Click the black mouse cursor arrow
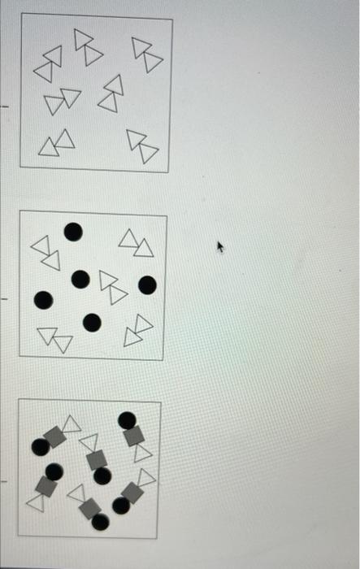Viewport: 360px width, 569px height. coord(219,245)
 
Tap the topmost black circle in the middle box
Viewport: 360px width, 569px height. coord(73,232)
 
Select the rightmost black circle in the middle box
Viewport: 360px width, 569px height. coord(147,284)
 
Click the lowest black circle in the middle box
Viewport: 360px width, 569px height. coord(92,323)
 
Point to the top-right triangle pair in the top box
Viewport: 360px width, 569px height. coord(147,54)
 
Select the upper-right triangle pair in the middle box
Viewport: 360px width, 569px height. coord(136,242)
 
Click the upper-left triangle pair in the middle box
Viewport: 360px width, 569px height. coord(46,253)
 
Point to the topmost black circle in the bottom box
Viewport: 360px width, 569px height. coord(127,420)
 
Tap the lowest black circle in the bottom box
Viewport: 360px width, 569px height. coord(100,522)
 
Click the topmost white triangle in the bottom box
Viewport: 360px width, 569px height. coord(72,423)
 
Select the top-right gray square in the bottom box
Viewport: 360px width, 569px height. coord(134,436)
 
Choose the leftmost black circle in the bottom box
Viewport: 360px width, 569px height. coord(40,446)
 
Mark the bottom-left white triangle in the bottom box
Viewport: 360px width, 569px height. coord(35,503)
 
